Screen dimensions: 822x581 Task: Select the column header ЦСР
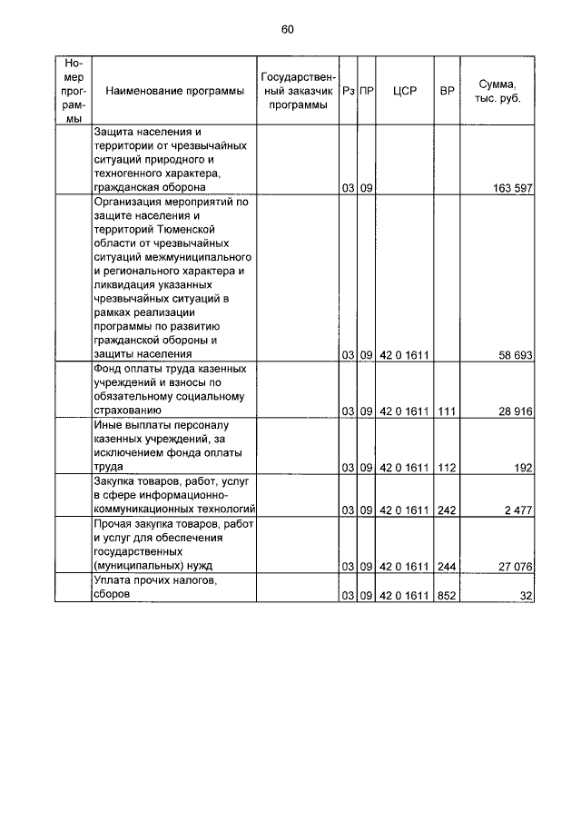[405, 91]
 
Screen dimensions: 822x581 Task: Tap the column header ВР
[447, 91]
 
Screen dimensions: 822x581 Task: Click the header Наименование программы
[174, 91]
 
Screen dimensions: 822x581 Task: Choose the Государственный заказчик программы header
[299, 91]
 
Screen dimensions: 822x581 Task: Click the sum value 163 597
[509, 189]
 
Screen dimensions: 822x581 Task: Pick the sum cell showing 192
[522, 468]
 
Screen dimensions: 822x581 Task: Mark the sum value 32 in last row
[525, 595]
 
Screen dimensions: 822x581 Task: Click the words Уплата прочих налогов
[154, 580]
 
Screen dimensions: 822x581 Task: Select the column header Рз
[348, 91]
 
